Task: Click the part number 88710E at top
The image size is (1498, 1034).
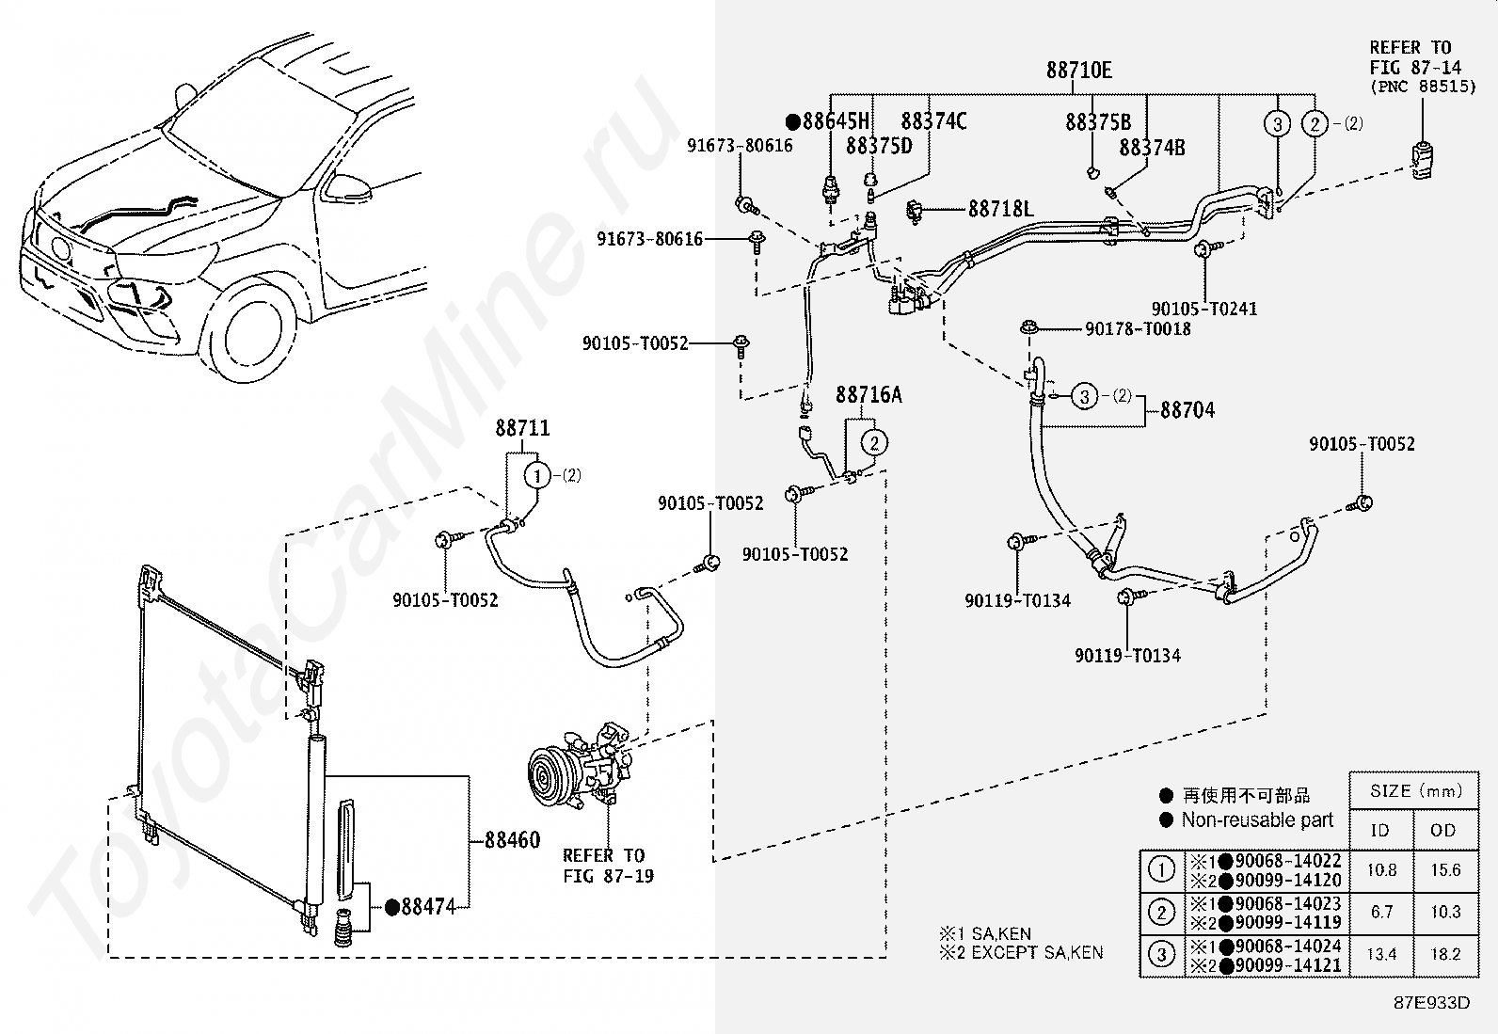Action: tap(1078, 71)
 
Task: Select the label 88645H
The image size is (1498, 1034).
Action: tap(836, 121)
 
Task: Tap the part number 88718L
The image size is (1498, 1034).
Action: tap(1000, 210)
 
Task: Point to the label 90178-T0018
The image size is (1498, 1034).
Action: tap(1138, 329)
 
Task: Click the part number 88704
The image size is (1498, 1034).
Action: tap(1187, 410)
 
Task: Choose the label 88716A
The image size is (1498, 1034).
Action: tap(869, 394)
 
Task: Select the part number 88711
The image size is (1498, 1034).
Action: tap(522, 428)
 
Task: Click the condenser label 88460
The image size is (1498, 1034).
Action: tap(512, 840)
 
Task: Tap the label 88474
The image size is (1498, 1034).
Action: tap(428, 907)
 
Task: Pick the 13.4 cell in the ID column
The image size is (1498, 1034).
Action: tap(1381, 954)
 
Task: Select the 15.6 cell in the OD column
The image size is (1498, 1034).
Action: tap(1445, 870)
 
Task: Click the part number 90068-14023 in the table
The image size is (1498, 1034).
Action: tap(1288, 903)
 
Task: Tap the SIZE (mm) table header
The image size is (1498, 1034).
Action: tap(1416, 791)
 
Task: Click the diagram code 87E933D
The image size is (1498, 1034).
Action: tap(1432, 1003)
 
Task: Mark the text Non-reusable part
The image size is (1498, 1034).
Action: tap(1257, 820)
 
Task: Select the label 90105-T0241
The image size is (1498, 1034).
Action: tap(1203, 309)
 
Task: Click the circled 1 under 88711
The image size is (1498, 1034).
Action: tap(536, 476)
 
